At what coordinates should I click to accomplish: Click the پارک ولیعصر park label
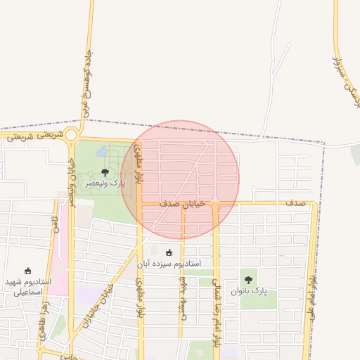click(x=105, y=183)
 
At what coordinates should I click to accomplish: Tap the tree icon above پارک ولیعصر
click(x=105, y=172)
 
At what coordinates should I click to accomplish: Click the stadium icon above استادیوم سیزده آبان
click(x=169, y=252)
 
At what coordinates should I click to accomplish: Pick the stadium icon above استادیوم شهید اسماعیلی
click(x=27, y=271)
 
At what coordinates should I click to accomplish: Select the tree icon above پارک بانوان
click(x=247, y=280)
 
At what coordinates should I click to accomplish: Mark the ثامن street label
click(x=53, y=227)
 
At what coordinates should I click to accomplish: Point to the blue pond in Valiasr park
click(x=103, y=152)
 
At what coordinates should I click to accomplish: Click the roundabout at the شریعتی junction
click(x=72, y=135)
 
